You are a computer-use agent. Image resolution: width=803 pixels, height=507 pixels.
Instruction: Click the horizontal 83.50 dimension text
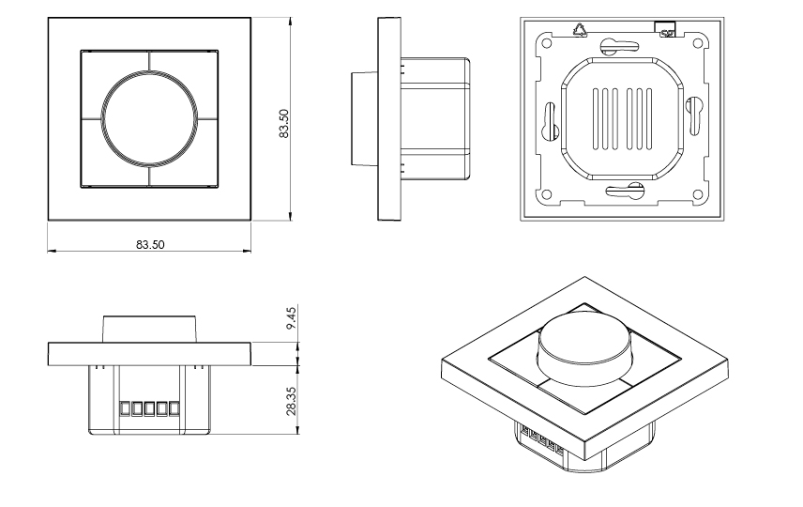[x=150, y=244]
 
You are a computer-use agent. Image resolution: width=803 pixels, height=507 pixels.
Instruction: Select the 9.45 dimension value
[x=292, y=317]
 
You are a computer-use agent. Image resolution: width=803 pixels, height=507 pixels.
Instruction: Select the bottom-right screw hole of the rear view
[x=697, y=194]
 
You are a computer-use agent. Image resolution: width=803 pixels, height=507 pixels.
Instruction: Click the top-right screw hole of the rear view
[x=697, y=42]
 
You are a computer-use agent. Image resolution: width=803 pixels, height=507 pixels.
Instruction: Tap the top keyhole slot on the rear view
[x=620, y=44]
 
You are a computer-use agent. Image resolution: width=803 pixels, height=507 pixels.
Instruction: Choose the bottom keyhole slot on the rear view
[x=623, y=192]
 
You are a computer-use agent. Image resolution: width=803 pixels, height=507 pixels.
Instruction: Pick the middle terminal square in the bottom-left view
[x=150, y=408]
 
